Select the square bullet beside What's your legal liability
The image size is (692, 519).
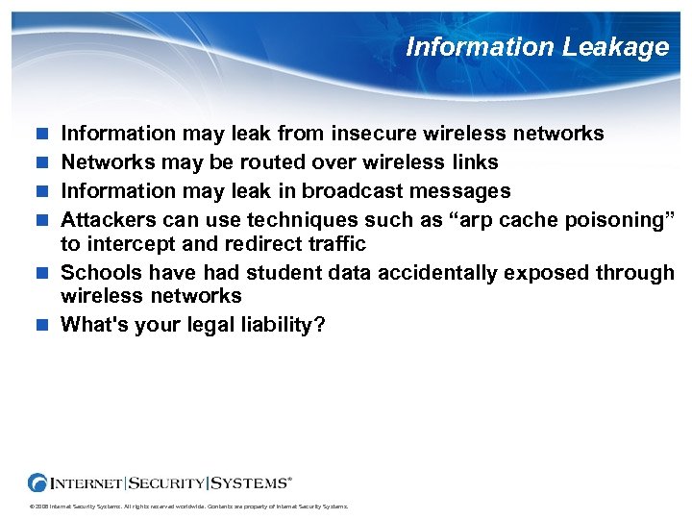(x=39, y=325)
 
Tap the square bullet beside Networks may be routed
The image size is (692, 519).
(x=39, y=161)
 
